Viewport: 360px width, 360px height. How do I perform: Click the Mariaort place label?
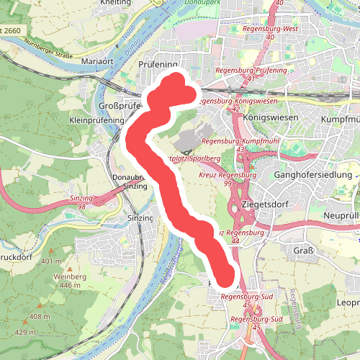pyautogui.click(x=99, y=63)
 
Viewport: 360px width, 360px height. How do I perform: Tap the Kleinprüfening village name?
pyautogui.click(x=91, y=120)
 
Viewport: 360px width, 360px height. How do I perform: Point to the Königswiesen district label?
pyautogui.click(x=266, y=117)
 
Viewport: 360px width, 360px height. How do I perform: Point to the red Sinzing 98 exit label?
pyautogui.click(x=84, y=202)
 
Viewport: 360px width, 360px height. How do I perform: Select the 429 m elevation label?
pyautogui.click(x=24, y=333)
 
